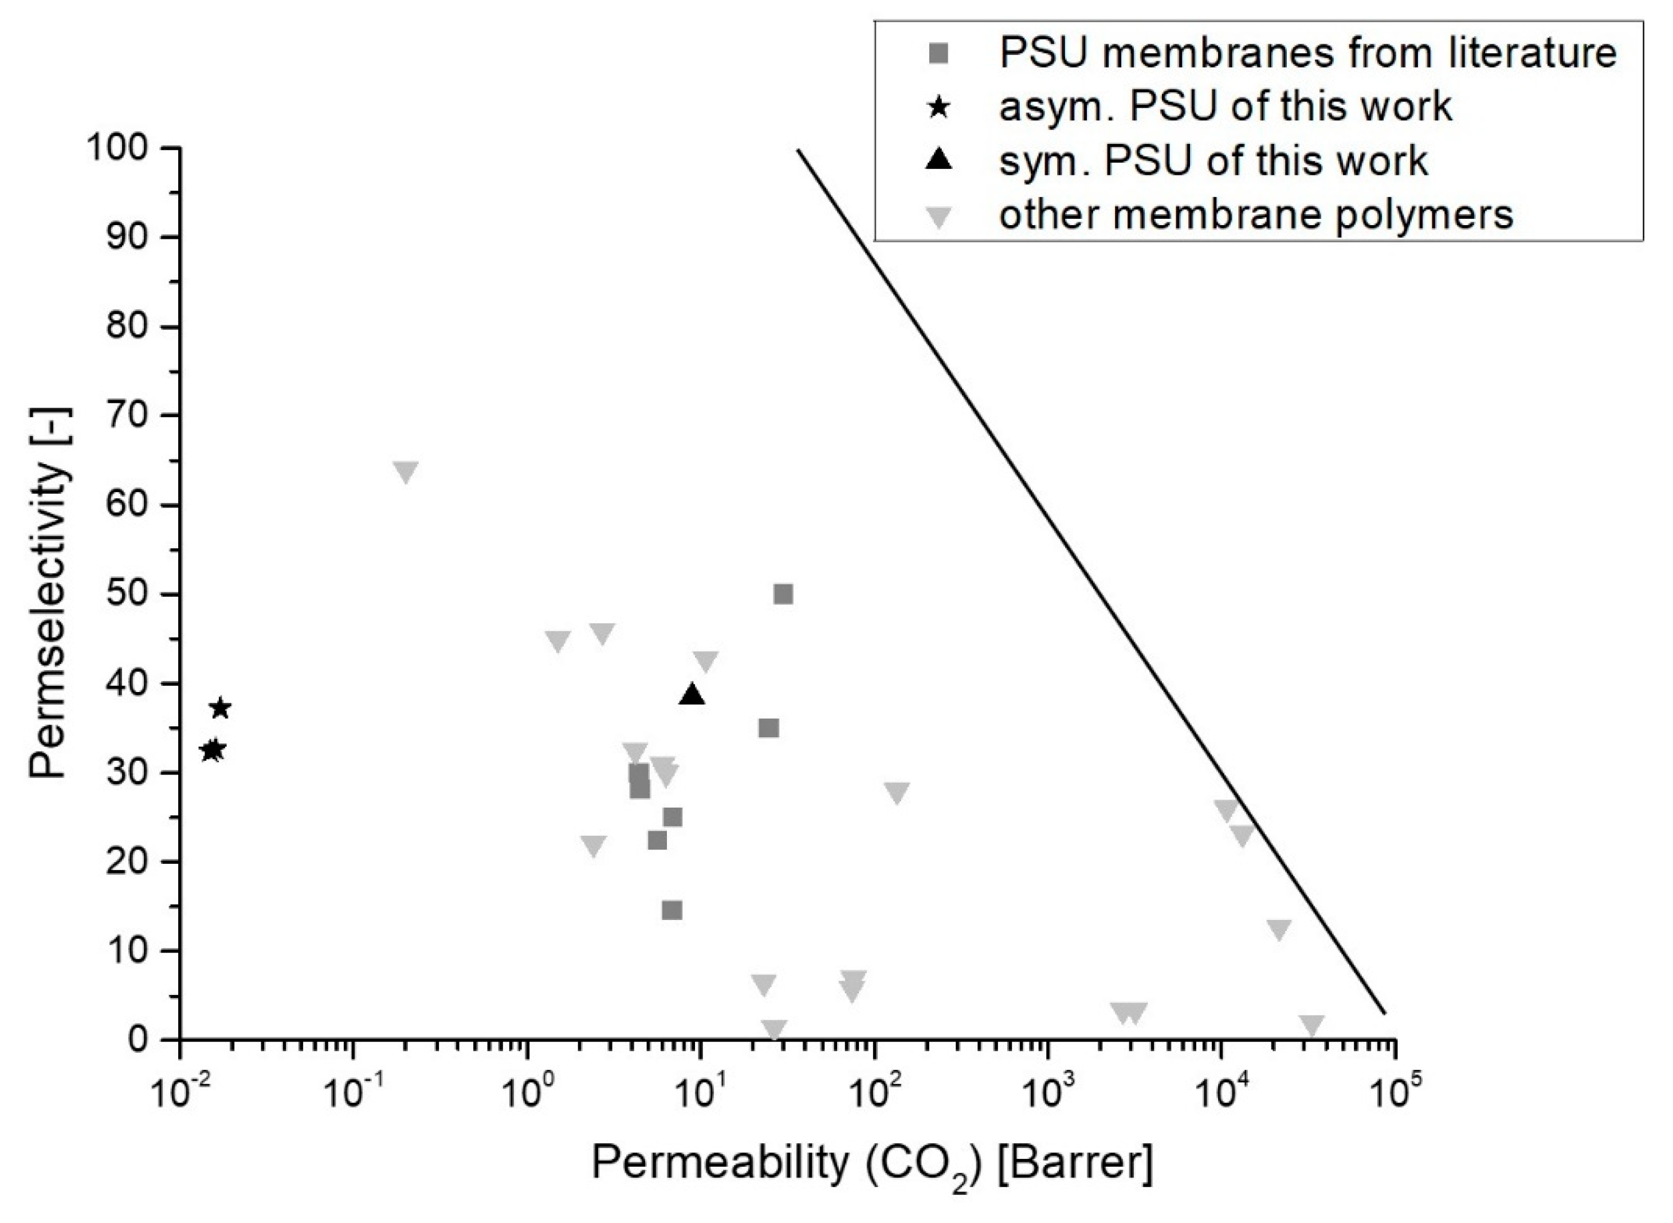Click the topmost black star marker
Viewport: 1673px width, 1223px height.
(x=221, y=709)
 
